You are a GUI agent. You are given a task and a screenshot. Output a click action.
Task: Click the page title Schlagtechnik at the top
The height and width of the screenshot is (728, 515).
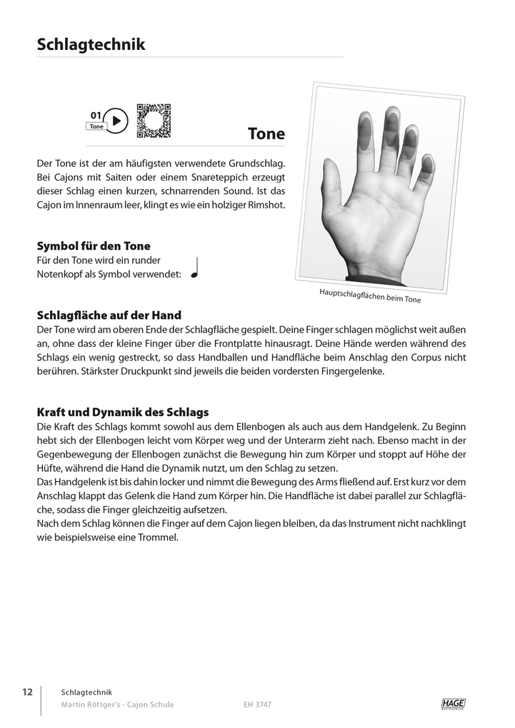click(x=91, y=45)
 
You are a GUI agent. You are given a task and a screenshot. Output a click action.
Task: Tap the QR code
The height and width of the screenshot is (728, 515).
click(x=154, y=121)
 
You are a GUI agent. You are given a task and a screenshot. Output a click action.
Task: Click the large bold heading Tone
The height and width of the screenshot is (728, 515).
click(x=266, y=133)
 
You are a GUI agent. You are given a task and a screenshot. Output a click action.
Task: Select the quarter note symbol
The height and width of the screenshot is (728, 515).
click(x=194, y=268)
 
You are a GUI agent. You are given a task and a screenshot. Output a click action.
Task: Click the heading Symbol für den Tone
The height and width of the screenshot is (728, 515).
click(x=94, y=246)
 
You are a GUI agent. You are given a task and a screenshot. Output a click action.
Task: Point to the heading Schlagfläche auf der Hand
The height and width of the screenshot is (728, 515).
click(x=109, y=315)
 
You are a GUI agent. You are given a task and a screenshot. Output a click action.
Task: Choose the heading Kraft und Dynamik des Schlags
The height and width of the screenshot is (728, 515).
click(x=122, y=413)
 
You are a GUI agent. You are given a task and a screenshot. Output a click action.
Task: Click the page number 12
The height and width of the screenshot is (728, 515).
click(x=27, y=692)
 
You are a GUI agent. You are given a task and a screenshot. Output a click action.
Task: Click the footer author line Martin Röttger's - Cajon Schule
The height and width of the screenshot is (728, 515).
click(x=118, y=704)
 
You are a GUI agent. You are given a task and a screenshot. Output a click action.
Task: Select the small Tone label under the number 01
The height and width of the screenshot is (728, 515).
click(x=96, y=126)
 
